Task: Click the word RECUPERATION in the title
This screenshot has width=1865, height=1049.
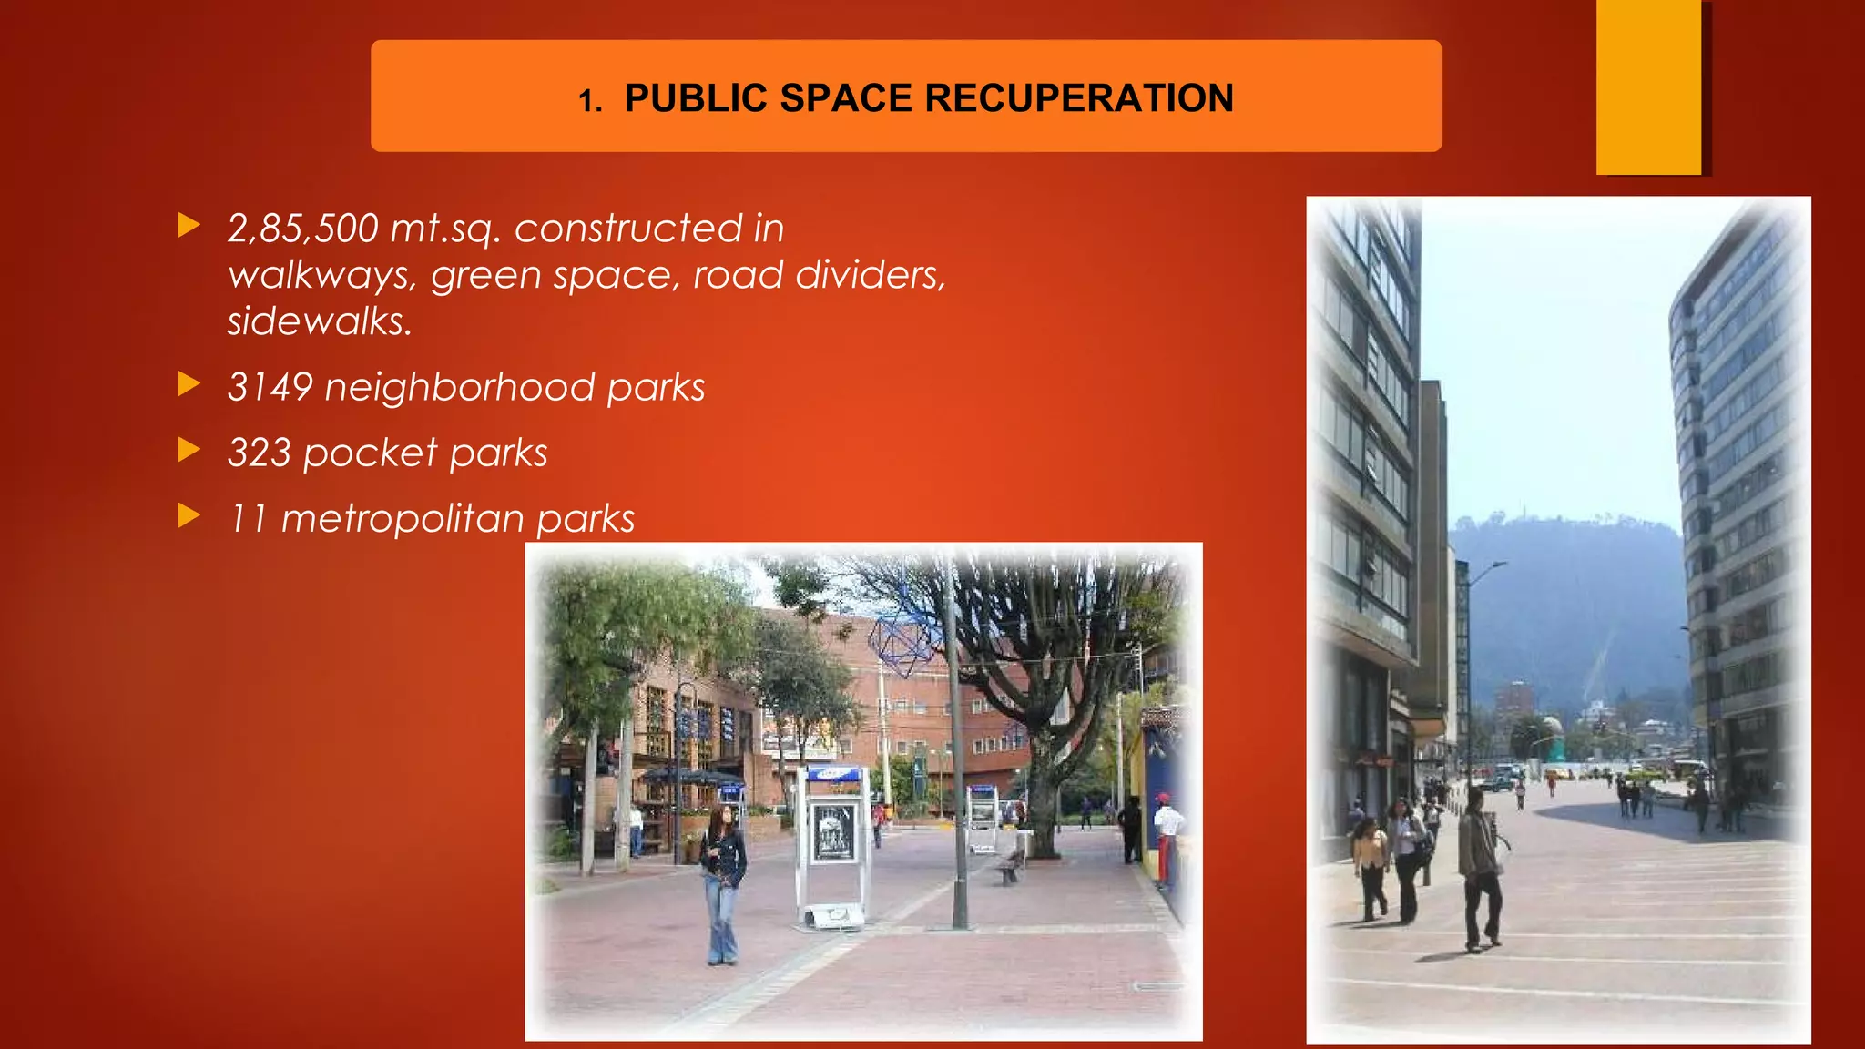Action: (x=1080, y=98)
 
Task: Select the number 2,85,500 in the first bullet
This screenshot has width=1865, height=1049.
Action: (x=302, y=229)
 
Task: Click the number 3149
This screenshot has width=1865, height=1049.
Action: (x=270, y=387)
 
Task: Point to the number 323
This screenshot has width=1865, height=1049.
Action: (x=259, y=453)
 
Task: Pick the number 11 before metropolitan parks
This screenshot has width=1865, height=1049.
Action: (x=247, y=518)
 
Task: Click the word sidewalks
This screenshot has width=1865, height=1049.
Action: (x=320, y=321)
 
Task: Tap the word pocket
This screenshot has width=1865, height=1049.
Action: (x=371, y=453)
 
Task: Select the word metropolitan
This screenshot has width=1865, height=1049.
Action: (x=403, y=519)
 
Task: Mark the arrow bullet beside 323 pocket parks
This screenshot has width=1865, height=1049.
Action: (x=189, y=450)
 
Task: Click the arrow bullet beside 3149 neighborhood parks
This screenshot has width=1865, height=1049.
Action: (x=189, y=384)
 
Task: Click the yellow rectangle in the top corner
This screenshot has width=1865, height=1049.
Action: (x=1648, y=87)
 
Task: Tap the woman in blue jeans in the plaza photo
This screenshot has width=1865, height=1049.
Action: (x=723, y=883)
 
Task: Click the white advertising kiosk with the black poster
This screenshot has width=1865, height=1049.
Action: (x=832, y=842)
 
